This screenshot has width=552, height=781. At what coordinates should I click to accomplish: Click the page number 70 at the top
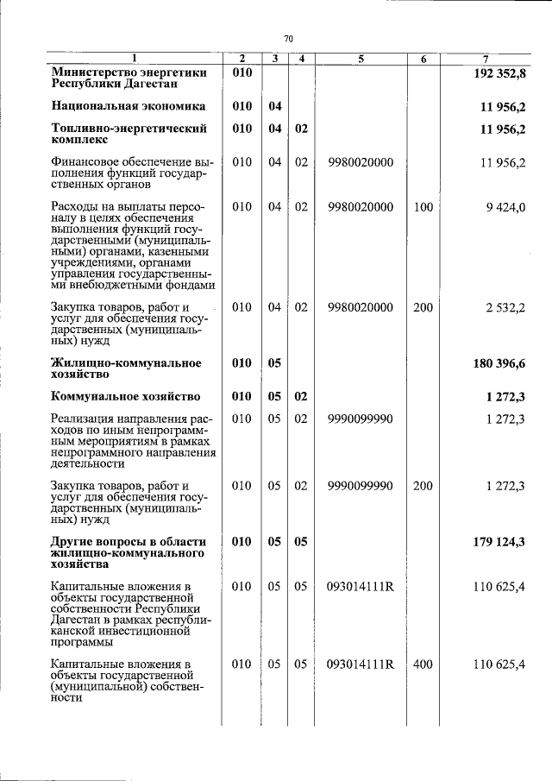pyautogui.click(x=289, y=38)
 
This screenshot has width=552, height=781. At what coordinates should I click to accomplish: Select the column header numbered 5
pyautogui.click(x=361, y=60)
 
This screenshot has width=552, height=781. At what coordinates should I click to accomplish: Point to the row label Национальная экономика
pyautogui.click(x=128, y=106)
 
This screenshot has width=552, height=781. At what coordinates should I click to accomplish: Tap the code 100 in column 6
pyautogui.click(x=423, y=207)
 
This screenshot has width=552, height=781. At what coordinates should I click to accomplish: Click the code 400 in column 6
pyautogui.click(x=423, y=664)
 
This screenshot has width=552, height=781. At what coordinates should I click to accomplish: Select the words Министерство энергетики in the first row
pyautogui.click(x=129, y=73)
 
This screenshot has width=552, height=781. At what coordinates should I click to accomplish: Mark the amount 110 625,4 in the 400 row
pyautogui.click(x=499, y=664)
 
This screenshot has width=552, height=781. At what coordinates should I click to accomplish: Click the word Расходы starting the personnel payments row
pyautogui.click(x=75, y=207)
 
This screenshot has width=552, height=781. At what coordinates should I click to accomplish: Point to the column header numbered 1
pyautogui.click(x=134, y=60)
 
